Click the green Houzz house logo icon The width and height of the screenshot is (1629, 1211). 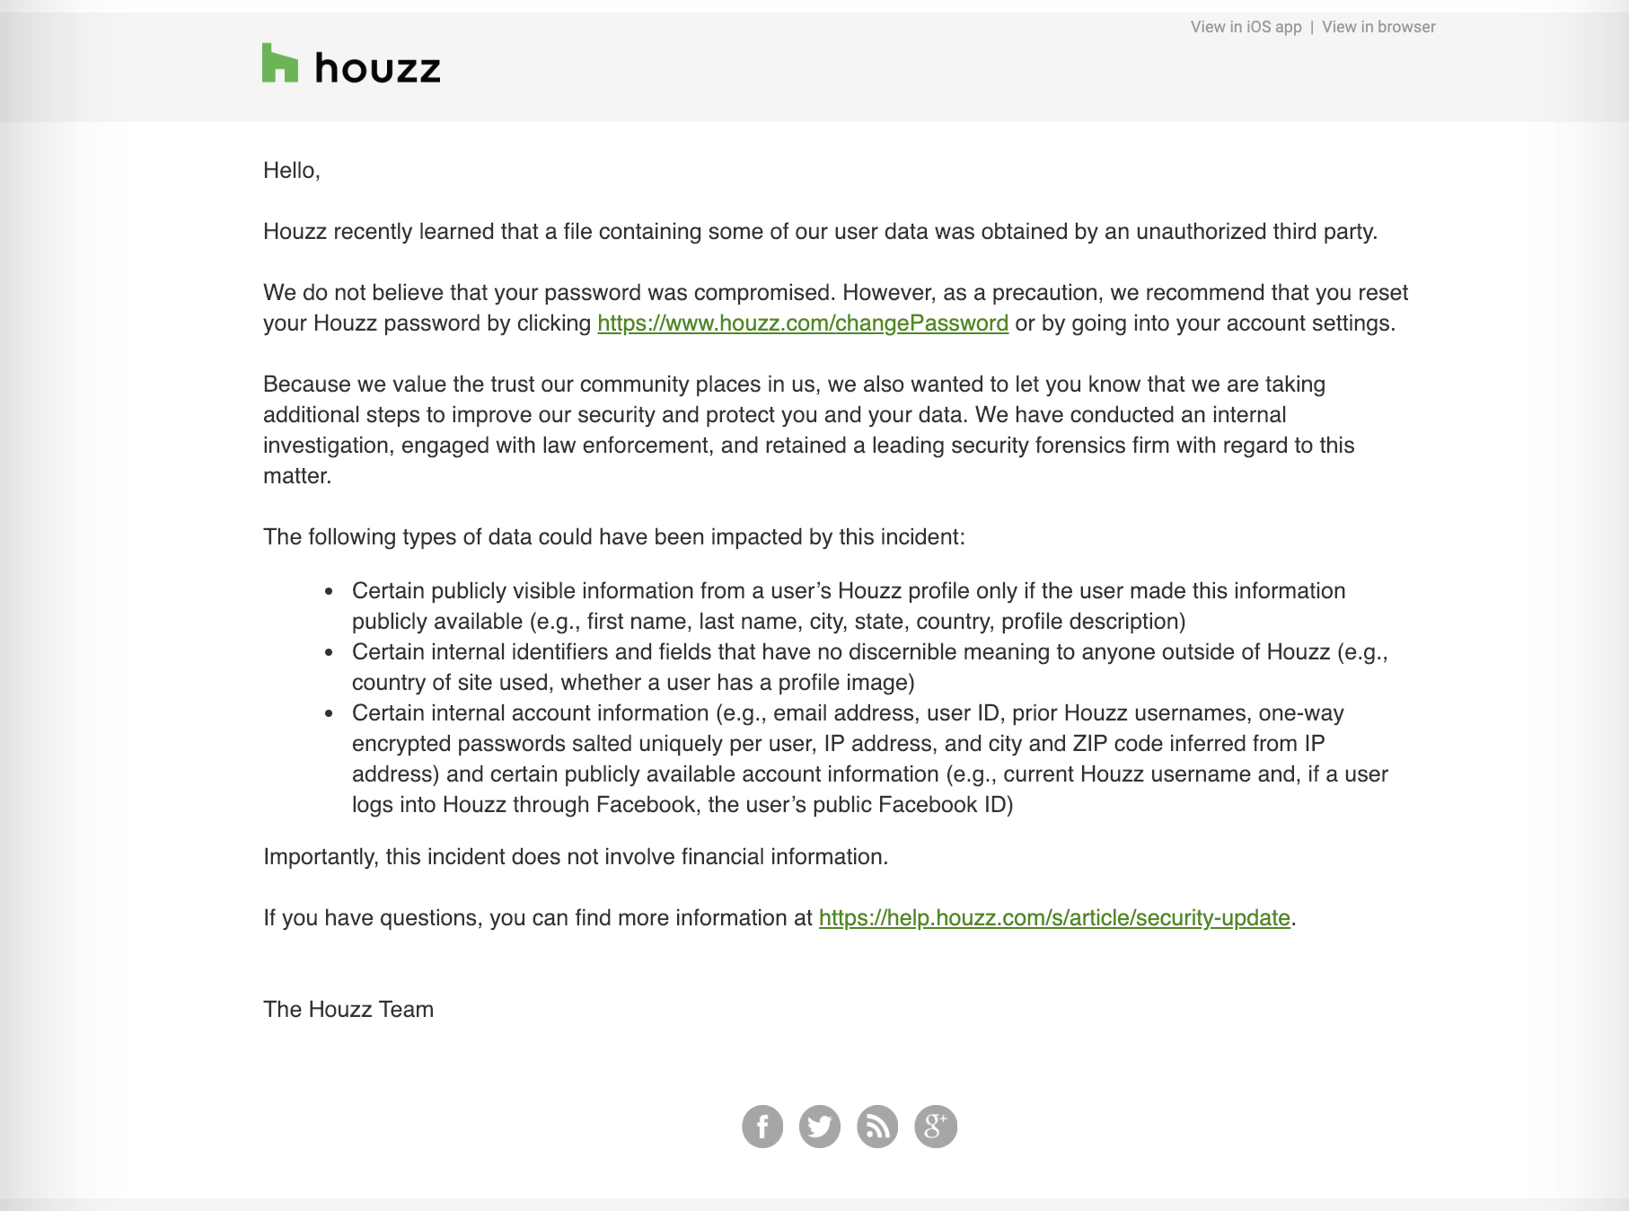coord(279,64)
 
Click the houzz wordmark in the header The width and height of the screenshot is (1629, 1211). coord(377,68)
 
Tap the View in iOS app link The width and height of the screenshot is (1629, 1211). coord(1246,27)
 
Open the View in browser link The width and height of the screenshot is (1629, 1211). coord(1378,27)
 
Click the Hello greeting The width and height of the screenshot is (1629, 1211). coord(291,171)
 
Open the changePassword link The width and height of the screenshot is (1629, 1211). coord(803,323)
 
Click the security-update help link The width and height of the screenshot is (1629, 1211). coord(1054,918)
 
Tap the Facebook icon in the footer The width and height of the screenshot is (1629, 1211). coord(762,1127)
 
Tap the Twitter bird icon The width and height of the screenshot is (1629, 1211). coord(820,1127)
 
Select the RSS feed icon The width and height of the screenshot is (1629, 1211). coord(877,1127)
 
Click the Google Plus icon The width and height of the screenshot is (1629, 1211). coord(936,1127)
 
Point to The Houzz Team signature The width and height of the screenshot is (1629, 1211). coord(348,1010)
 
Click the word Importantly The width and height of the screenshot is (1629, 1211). coord(321,857)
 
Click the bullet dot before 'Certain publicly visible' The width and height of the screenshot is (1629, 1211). coord(330,592)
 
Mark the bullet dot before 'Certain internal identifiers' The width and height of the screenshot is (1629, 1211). coord(330,653)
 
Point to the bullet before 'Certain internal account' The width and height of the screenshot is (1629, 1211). coord(330,714)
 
